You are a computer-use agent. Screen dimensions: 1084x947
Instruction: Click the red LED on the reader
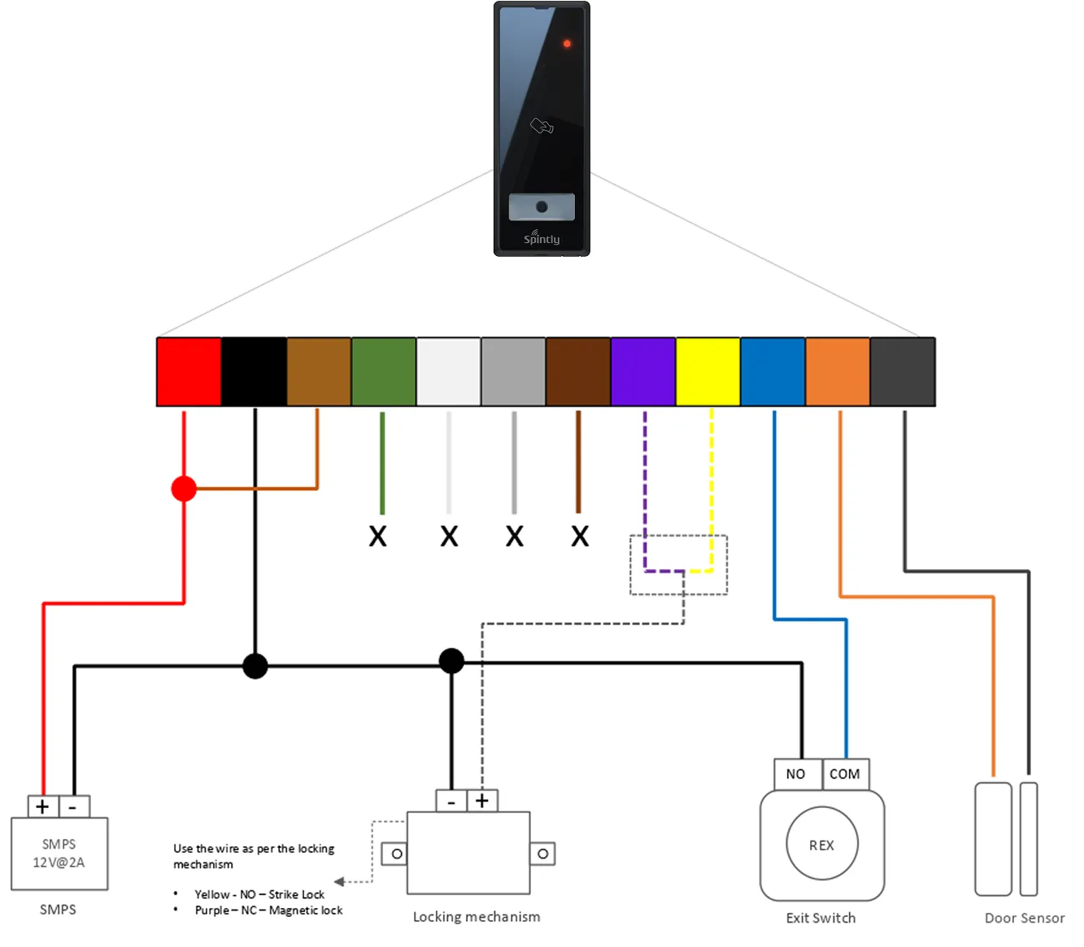pos(566,43)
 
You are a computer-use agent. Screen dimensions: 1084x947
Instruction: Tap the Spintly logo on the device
pos(541,238)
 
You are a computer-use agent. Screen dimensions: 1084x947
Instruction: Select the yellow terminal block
pos(707,371)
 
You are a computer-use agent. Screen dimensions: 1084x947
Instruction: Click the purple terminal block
pos(642,371)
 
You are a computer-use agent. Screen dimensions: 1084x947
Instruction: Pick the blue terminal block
pos(773,371)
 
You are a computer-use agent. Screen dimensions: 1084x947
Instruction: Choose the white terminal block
pos(448,371)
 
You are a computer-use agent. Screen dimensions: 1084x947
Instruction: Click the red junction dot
pos(184,489)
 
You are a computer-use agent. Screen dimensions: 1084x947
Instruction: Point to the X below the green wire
pos(377,536)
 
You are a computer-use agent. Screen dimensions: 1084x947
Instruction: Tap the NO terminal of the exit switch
pos(797,774)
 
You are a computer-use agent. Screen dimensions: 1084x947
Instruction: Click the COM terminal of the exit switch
pos(845,774)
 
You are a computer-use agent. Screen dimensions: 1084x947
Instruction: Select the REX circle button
pos(821,843)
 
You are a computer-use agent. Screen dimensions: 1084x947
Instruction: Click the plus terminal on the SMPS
pos(42,806)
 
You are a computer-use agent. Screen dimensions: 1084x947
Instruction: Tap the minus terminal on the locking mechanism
pos(451,801)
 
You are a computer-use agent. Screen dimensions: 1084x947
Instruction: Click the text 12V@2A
pos(59,862)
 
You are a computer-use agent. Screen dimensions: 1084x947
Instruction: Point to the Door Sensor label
pos(1024,918)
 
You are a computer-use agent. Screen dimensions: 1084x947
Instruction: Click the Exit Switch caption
pos(821,918)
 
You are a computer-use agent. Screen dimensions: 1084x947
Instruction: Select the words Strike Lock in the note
pos(296,894)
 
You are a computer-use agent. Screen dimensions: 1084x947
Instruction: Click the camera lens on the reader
pos(542,206)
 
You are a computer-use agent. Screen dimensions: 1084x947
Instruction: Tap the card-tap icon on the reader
pos(542,125)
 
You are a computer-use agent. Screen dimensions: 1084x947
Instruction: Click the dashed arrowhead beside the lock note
pos(339,881)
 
